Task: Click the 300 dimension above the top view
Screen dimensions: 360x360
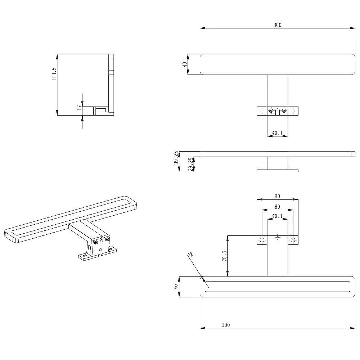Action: point(277,25)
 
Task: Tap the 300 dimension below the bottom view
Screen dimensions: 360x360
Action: point(226,325)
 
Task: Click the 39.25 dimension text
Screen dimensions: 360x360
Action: point(176,158)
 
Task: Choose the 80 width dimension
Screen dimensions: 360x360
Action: point(277,197)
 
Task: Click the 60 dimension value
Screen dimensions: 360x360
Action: point(277,207)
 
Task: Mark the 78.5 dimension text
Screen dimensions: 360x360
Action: point(224,256)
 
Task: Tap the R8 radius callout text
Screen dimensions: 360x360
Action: point(190,255)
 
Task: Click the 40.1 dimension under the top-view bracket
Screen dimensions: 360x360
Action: point(277,133)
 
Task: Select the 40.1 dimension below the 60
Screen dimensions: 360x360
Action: point(277,216)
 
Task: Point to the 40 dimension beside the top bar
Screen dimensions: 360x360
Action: point(185,64)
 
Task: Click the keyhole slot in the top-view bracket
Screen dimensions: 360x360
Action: point(278,111)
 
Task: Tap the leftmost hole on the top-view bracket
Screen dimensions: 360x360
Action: point(262,111)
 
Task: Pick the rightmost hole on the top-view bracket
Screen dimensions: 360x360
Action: point(293,111)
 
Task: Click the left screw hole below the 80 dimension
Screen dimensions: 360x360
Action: point(262,240)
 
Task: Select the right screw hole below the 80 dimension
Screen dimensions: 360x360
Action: point(293,240)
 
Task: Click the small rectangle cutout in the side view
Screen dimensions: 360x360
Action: point(101,110)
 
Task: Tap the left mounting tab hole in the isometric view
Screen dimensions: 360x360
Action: point(85,256)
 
